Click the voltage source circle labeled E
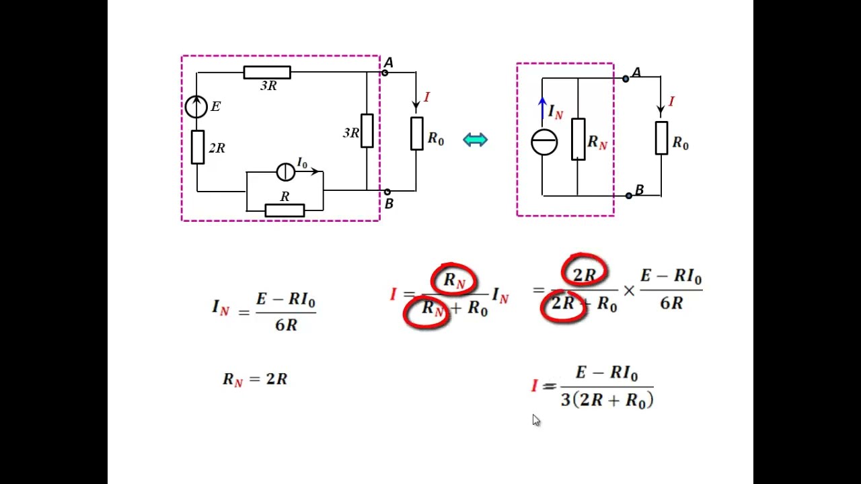[196, 107]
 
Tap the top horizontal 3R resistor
[267, 73]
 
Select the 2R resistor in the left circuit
[198, 147]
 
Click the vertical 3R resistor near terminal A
[367, 130]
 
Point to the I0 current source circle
[286, 171]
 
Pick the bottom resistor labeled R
[285, 210]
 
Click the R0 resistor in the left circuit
[417, 134]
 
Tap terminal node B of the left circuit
[387, 192]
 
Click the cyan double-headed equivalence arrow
[476, 139]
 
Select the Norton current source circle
[544, 142]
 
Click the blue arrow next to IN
[542, 108]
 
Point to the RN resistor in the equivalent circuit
[578, 139]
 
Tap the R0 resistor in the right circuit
[661, 138]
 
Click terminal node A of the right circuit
[626, 79]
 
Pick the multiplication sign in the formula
[629, 291]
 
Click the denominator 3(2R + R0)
[607, 400]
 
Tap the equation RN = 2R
[255, 380]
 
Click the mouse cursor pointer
[536, 420]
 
